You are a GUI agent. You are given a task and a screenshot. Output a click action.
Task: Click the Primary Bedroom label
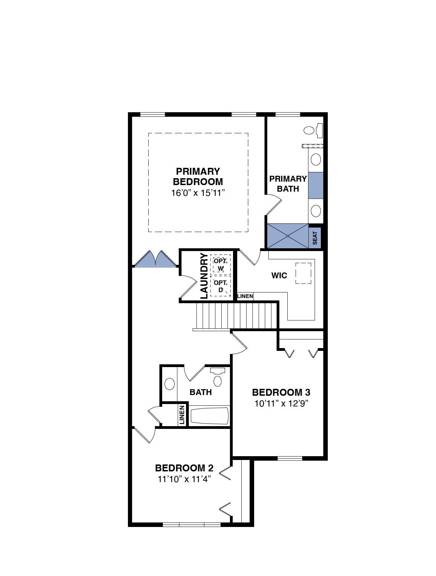pos(198,176)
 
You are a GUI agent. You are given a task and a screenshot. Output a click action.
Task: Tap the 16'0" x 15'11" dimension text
pos(198,193)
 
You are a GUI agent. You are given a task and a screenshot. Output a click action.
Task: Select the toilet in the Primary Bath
pos(313,131)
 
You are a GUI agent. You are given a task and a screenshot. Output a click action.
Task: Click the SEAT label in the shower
pos(315,238)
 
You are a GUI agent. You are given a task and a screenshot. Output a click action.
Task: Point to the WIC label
pos(279,275)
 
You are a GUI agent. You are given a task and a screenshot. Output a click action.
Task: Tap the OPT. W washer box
pos(220,264)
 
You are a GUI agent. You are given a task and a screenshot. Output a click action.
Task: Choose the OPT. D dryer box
pos(220,286)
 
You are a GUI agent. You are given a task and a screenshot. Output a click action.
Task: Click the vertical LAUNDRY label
pos(204,276)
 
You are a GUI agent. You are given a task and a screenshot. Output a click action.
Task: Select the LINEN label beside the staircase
pos(245,296)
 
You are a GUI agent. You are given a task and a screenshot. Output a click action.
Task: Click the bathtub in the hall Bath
pos(209,416)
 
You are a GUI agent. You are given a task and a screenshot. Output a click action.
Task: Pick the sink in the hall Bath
pos(169,384)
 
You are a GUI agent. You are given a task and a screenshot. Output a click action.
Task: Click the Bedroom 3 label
pos(281,392)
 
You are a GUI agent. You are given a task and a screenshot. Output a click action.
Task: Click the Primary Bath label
pos(288,184)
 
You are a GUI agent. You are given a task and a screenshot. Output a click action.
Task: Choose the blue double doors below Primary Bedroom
pos(155,259)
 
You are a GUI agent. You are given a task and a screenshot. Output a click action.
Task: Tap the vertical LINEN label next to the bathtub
pos(182,415)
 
